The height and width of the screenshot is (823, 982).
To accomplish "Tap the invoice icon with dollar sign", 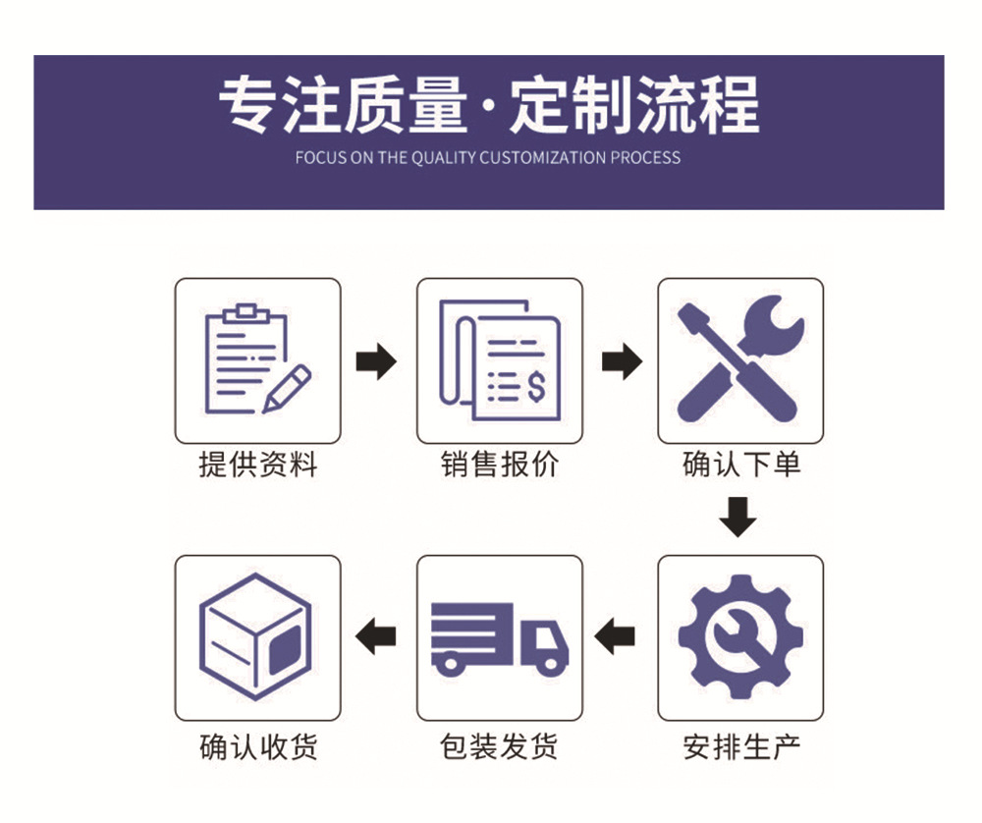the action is click(x=500, y=359).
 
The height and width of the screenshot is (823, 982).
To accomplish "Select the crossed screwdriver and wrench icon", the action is click(x=740, y=359).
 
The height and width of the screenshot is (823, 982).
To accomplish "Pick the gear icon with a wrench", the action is click(x=740, y=637).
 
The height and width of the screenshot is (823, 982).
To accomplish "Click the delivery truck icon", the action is click(x=500, y=637).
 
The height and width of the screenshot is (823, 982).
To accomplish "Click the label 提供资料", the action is click(x=258, y=464).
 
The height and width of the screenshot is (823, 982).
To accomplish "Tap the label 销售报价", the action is click(x=500, y=464).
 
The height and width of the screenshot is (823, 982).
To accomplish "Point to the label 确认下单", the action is click(x=741, y=464).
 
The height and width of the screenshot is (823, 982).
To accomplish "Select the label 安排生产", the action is click(x=741, y=746).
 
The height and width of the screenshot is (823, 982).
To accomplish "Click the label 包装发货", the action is click(x=500, y=746).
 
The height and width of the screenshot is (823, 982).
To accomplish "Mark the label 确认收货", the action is click(x=258, y=746).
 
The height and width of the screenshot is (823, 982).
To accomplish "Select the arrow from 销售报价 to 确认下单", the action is click(x=621, y=361).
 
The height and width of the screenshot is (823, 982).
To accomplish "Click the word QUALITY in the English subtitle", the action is click(x=442, y=157).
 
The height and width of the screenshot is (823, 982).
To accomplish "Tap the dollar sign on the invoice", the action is click(x=535, y=387).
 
